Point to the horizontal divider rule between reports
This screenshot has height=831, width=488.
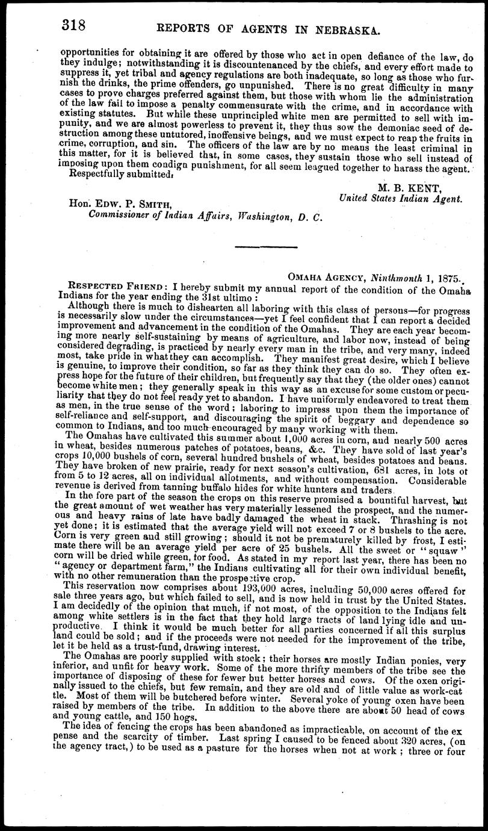pyautogui.click(x=265, y=247)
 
